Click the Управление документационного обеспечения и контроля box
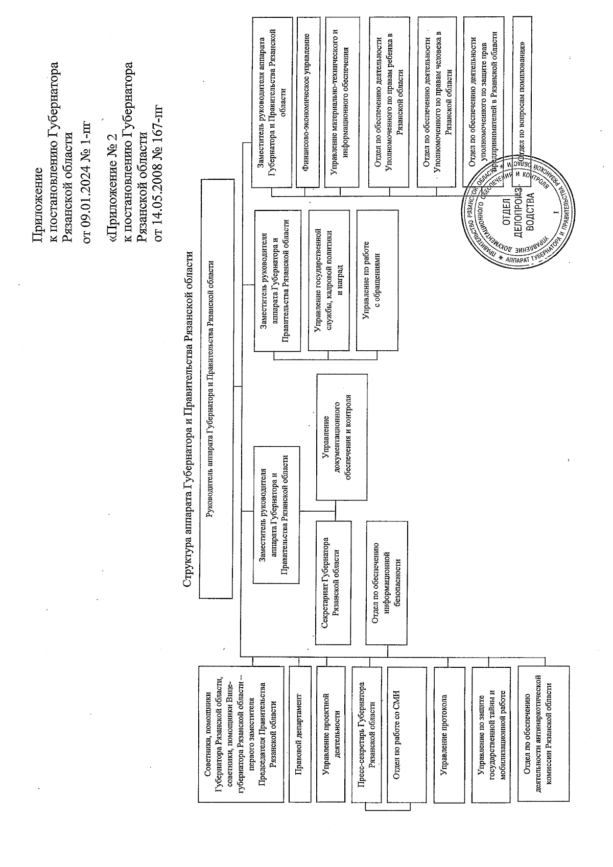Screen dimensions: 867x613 [x=342, y=437]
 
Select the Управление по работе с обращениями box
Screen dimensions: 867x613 [x=376, y=280]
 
